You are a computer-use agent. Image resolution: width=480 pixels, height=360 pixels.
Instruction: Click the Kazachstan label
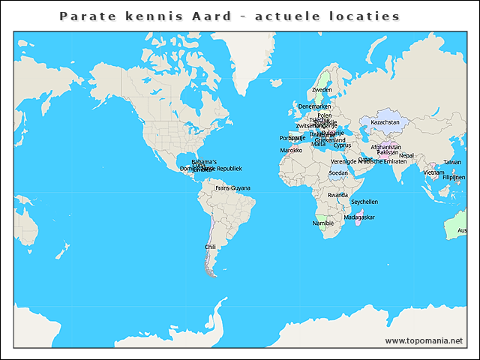(x=385, y=122)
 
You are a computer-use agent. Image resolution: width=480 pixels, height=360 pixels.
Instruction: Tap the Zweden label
(x=322, y=90)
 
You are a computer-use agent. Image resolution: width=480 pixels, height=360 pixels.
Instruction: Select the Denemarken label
(x=314, y=106)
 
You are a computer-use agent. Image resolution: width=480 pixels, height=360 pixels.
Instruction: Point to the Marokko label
(x=291, y=151)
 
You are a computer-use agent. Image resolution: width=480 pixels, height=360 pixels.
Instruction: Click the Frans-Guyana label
(x=232, y=188)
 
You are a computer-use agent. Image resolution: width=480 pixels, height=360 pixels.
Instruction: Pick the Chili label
(x=210, y=247)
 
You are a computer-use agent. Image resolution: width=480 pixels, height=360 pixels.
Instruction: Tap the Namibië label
(x=323, y=223)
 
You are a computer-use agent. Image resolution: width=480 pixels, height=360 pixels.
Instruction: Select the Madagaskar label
(x=358, y=217)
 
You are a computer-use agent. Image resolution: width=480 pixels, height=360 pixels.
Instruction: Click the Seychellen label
(x=364, y=202)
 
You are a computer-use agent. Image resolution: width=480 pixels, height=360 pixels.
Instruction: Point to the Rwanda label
(x=337, y=195)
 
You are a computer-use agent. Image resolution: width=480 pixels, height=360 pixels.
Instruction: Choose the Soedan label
(x=338, y=173)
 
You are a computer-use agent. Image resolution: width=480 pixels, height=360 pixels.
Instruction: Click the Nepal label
(x=406, y=156)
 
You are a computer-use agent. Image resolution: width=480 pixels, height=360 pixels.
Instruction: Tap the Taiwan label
(x=452, y=162)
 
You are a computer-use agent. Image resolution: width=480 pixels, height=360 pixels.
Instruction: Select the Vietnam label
(x=433, y=172)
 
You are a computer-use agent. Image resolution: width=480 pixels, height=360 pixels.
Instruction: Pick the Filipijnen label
(x=454, y=178)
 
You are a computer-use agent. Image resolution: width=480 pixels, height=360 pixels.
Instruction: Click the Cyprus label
(x=342, y=145)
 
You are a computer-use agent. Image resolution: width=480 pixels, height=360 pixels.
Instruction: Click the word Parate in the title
(x=83, y=16)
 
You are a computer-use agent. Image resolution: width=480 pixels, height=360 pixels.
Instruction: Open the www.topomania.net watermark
(x=424, y=340)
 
